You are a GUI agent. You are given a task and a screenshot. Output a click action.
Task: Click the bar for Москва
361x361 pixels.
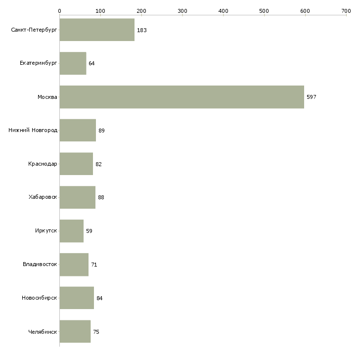click(181, 97)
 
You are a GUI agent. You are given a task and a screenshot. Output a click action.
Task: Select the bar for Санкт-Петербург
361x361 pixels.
click(97, 30)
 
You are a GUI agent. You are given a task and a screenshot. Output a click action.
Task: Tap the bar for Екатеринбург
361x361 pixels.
click(73, 63)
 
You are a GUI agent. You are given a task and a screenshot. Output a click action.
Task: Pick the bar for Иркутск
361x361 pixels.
click(71, 231)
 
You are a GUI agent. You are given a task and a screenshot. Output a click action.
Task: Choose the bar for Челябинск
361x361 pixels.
click(75, 331)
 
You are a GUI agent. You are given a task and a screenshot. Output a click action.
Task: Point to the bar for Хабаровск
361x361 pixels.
click(77, 197)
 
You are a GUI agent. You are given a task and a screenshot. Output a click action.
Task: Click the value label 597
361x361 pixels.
click(311, 97)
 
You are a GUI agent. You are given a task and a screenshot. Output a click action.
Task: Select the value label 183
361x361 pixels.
click(142, 30)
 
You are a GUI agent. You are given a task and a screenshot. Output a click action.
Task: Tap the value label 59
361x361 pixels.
click(89, 231)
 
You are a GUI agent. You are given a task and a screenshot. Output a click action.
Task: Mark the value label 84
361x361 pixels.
click(99, 298)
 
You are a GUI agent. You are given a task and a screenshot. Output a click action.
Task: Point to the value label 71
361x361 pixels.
click(94, 265)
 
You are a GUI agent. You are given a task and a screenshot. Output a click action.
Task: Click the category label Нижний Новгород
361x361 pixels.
click(33, 131)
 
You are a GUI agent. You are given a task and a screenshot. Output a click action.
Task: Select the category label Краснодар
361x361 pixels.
click(43, 164)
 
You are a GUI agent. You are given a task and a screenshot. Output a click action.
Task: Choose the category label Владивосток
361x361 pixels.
click(40, 264)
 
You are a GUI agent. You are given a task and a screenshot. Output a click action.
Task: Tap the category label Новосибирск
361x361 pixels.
click(39, 298)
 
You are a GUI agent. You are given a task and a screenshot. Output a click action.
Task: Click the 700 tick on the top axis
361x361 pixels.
click(346, 10)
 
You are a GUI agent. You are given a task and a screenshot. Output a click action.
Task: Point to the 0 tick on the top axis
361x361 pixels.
click(59, 10)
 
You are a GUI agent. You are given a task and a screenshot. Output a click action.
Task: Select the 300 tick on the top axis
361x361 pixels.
click(182, 10)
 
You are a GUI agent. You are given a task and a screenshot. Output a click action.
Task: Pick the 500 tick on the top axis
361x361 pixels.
click(264, 10)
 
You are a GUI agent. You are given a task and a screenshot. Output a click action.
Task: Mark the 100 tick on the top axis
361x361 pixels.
click(100, 10)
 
